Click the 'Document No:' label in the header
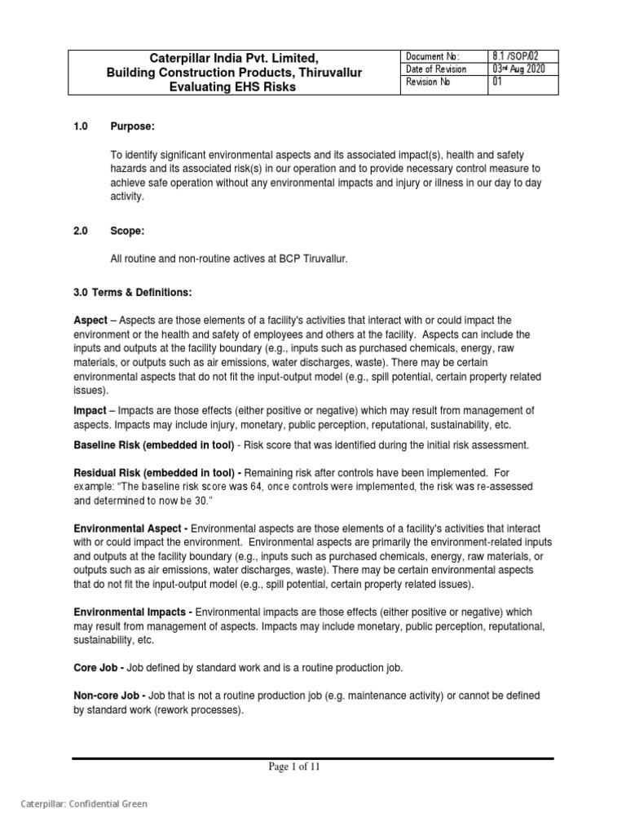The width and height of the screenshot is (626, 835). click(x=432, y=56)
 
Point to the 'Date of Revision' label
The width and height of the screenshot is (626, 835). click(x=437, y=70)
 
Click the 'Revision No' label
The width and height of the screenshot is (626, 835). click(x=427, y=84)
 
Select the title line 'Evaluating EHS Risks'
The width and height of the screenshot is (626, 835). click(x=234, y=87)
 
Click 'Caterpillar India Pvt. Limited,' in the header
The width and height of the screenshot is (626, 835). click(x=234, y=58)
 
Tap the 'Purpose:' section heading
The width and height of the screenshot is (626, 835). click(x=132, y=126)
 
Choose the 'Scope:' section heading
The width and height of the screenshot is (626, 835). click(x=127, y=231)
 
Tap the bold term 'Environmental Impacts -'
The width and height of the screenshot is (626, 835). click(x=133, y=612)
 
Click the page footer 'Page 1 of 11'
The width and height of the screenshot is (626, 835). click(x=312, y=767)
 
